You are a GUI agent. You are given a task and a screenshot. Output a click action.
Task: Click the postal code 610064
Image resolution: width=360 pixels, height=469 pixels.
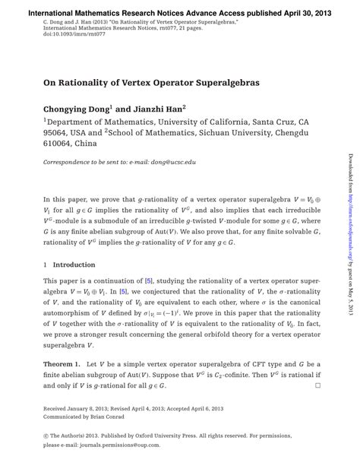(x=60, y=143)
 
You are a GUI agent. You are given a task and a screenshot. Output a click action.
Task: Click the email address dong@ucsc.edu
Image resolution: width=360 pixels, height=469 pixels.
(x=172, y=163)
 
